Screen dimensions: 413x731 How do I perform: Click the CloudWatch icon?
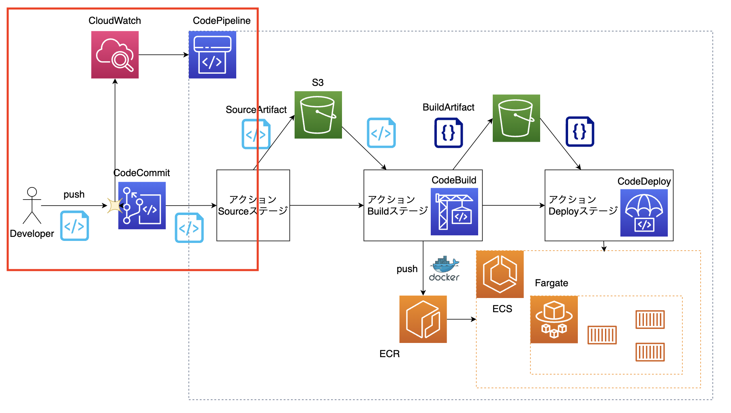pos(115,55)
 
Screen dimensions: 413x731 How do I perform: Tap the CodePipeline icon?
pos(212,55)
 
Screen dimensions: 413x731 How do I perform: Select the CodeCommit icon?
pos(142,205)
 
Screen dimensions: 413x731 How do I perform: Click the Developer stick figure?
pos(32,205)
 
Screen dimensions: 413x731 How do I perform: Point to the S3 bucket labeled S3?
pos(318,115)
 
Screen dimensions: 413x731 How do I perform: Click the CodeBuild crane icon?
pos(454,211)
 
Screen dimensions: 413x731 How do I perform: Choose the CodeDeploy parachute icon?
pos(644,213)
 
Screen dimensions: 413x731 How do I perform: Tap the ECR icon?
pos(423,319)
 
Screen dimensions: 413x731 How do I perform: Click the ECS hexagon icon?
pos(500,274)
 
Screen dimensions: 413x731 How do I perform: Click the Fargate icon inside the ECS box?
pos(554,319)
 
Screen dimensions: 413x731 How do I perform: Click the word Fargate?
pos(551,283)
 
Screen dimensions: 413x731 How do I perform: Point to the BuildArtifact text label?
pos(448,107)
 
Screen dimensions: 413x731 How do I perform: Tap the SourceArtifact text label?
pos(256,110)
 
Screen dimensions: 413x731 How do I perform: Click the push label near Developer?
pos(74,194)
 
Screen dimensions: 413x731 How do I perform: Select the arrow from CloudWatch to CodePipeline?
pos(163,55)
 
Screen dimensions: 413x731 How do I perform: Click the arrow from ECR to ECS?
pos(461,319)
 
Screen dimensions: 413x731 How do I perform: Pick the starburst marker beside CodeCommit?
pos(115,205)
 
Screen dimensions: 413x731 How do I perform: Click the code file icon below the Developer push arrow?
pos(75,226)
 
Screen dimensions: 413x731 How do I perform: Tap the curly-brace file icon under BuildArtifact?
pos(449,133)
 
